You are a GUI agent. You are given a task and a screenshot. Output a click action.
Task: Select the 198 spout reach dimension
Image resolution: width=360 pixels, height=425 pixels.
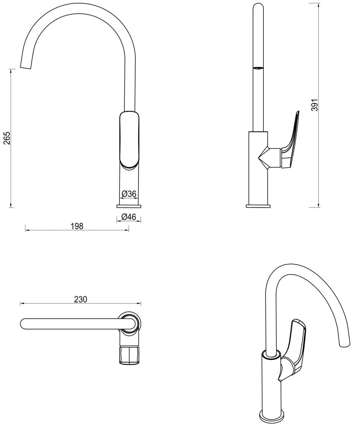tap(77, 226)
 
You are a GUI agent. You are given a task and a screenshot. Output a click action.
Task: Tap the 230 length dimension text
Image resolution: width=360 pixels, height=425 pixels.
tap(80, 299)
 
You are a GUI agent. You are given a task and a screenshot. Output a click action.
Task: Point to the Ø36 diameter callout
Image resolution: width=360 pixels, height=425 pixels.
tap(129, 193)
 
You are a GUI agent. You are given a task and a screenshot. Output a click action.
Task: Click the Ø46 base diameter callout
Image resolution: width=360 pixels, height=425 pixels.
tap(129, 217)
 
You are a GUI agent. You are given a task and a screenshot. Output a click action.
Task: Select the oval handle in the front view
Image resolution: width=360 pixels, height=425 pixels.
tap(129, 139)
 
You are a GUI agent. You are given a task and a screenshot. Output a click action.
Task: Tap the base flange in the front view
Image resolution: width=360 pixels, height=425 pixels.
tap(129, 205)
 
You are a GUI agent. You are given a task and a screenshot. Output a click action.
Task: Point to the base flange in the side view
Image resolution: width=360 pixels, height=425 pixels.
tap(258, 205)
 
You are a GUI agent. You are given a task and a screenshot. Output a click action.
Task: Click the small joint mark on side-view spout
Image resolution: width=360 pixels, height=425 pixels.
tap(258, 68)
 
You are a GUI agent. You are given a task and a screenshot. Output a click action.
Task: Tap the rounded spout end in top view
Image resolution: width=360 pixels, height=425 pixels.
tap(24, 324)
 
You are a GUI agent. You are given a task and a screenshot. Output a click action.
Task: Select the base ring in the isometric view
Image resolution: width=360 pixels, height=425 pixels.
tap(272, 415)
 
